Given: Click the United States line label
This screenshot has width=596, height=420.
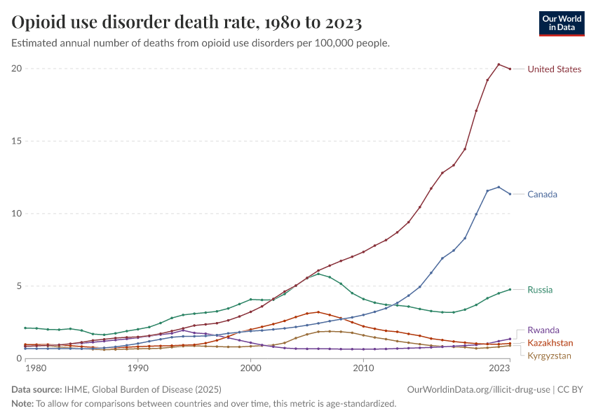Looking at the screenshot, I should [x=554, y=69].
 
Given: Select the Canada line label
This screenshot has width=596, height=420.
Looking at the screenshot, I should [x=542, y=194].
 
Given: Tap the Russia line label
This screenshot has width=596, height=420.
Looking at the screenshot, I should [x=541, y=290].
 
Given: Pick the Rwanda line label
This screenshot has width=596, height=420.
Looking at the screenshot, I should [x=543, y=330].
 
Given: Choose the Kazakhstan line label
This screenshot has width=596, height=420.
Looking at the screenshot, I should [x=550, y=343].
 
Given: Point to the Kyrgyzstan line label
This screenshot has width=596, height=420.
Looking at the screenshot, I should [x=550, y=356].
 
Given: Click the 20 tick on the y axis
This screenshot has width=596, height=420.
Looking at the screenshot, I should [x=16, y=69].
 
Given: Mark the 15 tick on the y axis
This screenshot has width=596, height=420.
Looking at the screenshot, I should [x=16, y=141].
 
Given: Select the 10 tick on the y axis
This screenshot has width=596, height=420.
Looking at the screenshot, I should [x=16, y=213].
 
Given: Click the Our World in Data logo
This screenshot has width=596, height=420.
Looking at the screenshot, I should [x=562, y=23].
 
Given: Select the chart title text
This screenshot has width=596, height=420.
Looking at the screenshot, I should [x=187, y=23].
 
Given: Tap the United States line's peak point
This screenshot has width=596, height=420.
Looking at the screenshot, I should [x=499, y=64].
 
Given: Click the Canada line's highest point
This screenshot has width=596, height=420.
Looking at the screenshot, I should [x=499, y=187].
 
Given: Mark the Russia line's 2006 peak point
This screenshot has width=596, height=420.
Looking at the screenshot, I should [x=318, y=274].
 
